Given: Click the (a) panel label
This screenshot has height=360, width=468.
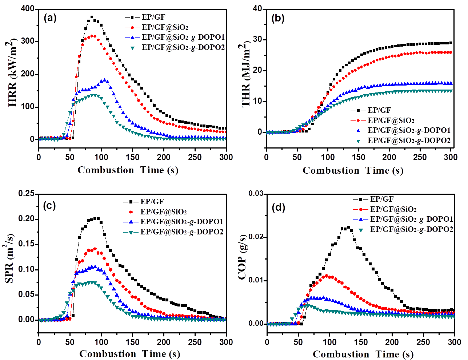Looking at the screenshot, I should (50, 18).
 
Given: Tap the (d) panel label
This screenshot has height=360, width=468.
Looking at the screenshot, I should (278, 207).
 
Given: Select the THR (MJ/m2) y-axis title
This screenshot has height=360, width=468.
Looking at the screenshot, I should (246, 75).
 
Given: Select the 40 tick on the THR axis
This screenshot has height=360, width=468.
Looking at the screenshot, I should (257, 9).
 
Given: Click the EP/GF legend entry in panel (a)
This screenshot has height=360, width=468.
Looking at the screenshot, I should (153, 17).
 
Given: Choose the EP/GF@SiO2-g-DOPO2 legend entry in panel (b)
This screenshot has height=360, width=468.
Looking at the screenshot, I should (409, 140).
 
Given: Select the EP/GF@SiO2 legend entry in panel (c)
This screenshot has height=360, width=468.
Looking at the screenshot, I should (164, 211).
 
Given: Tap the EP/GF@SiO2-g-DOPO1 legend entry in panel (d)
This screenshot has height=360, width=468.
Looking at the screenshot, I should (412, 219).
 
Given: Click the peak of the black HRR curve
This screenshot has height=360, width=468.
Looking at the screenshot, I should (92, 17).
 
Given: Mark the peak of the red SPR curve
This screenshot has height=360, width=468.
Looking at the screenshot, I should (95, 249).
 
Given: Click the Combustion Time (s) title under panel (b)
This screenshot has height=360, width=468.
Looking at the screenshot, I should (353, 170).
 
